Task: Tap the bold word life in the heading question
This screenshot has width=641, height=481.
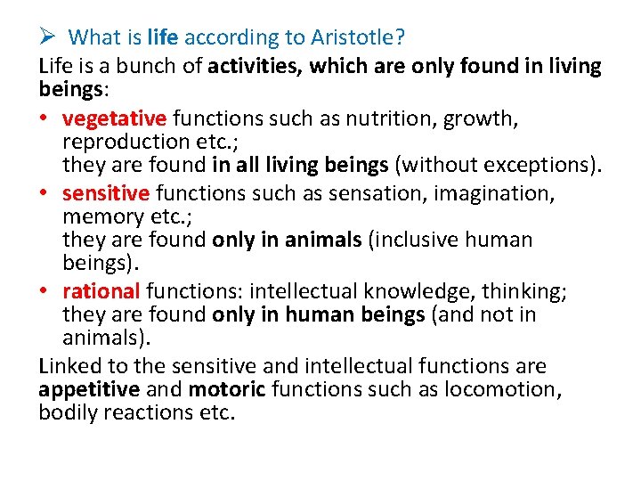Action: click(163, 37)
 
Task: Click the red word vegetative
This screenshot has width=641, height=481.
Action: click(115, 118)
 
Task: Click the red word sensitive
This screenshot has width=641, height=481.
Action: click(107, 192)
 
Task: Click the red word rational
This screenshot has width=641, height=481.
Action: click(101, 290)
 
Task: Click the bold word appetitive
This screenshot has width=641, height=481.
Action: click(89, 389)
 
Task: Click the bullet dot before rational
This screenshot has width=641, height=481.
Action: click(45, 291)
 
